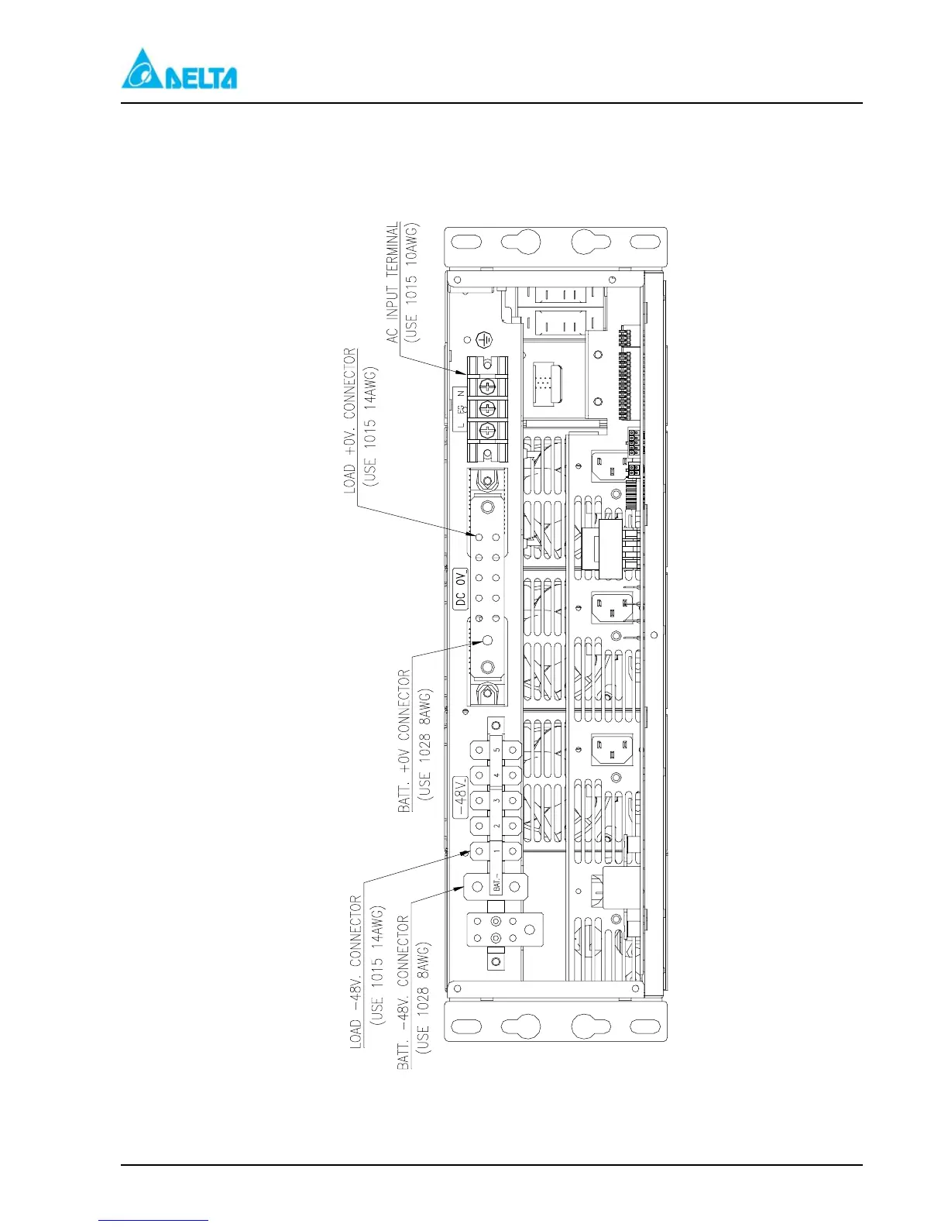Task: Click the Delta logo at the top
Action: (x=179, y=69)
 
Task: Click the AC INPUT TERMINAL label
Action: (x=393, y=283)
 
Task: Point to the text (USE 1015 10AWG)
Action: (x=411, y=283)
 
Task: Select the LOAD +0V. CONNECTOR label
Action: (x=351, y=421)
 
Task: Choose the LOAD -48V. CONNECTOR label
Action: (x=356, y=971)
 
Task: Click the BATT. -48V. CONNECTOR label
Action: (x=404, y=992)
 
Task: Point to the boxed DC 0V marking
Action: (x=460, y=589)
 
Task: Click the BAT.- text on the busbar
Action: (x=496, y=885)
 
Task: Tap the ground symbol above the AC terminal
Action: (x=484, y=339)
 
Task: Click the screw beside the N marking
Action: (x=486, y=387)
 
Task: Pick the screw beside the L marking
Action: (x=486, y=431)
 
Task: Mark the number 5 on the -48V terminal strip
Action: (x=496, y=750)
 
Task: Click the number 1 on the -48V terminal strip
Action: (x=496, y=851)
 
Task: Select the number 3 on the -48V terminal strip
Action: (x=496, y=800)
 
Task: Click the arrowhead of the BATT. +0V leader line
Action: (x=468, y=642)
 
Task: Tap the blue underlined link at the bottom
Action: (x=153, y=1220)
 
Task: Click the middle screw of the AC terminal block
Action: (x=486, y=408)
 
